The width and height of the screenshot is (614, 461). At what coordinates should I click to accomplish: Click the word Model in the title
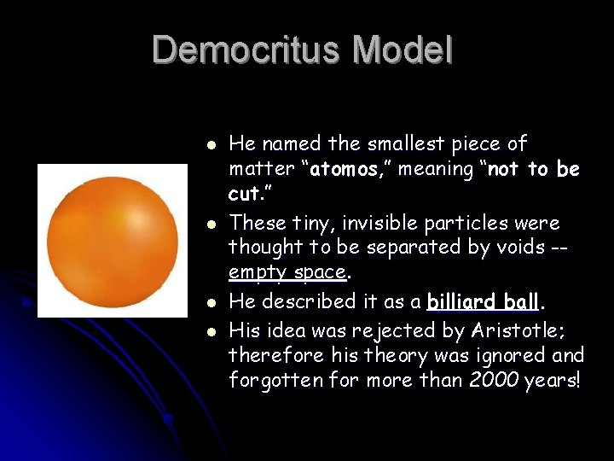click(403, 50)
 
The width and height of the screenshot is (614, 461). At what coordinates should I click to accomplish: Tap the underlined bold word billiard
click(461, 301)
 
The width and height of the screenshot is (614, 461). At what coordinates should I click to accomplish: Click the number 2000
click(495, 380)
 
